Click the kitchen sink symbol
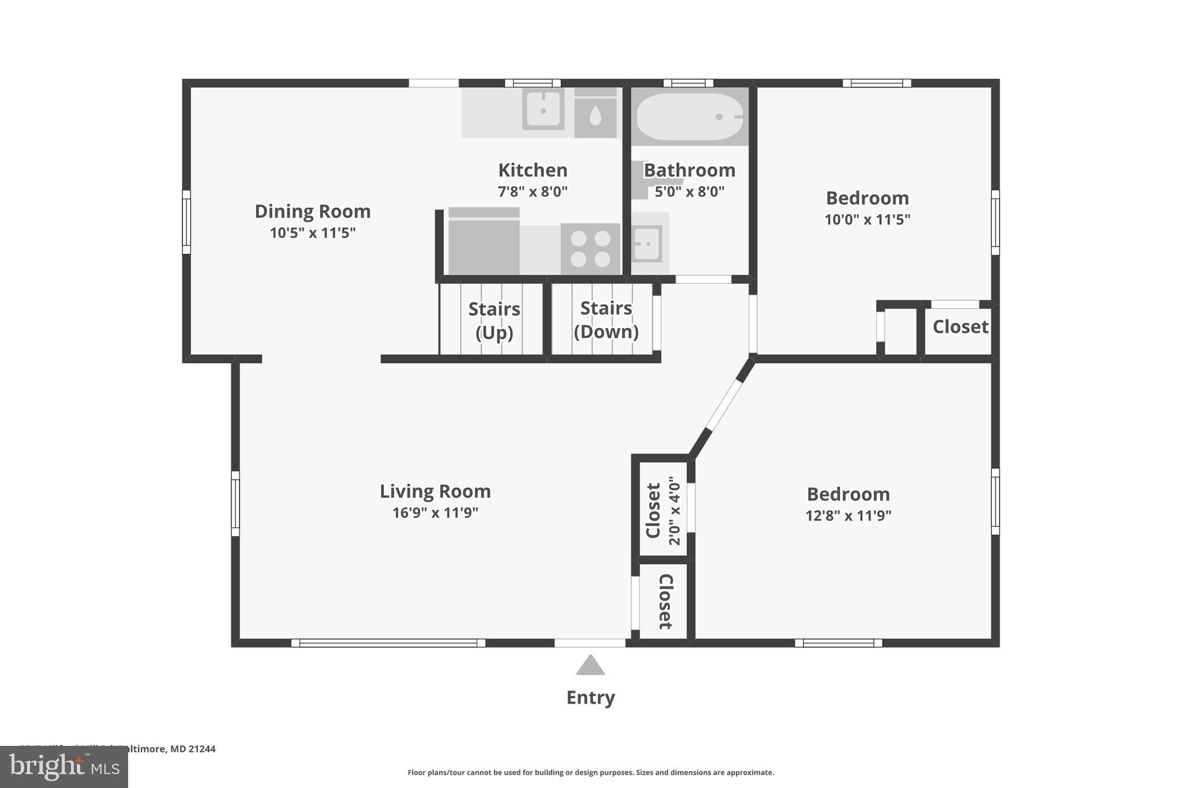[x=543, y=109]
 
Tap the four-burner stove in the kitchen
[x=590, y=248]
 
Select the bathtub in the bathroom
[x=689, y=117]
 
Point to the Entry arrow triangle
[x=590, y=666]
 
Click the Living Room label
[x=435, y=491]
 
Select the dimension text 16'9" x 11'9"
[x=435, y=513]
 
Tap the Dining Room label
[x=312, y=211]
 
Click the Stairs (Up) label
[x=494, y=320]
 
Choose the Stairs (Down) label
[x=606, y=320]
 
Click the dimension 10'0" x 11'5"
[x=867, y=219]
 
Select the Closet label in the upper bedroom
[x=960, y=327]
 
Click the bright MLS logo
[x=63, y=767]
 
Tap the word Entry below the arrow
[x=590, y=697]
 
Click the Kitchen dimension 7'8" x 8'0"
[x=532, y=192]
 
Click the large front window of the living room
[x=388, y=643]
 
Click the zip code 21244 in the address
[x=201, y=749]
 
